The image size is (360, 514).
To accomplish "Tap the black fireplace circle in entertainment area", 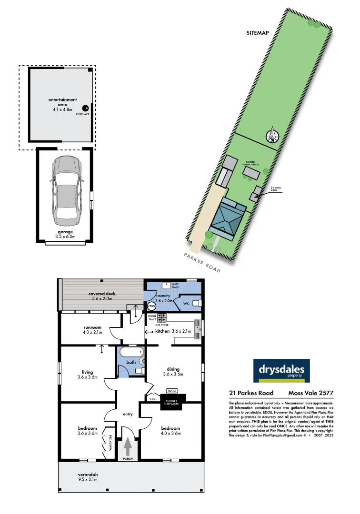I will (86, 108).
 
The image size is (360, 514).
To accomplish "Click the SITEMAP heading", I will (258, 34).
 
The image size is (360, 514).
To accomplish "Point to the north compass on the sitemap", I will (272, 136).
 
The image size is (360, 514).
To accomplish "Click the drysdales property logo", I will (281, 371).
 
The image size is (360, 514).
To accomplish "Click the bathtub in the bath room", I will (131, 353).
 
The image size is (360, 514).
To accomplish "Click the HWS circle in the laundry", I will (151, 307).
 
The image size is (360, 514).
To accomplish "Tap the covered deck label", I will (100, 296).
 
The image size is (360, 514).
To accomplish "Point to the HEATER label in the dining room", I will (172, 391).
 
